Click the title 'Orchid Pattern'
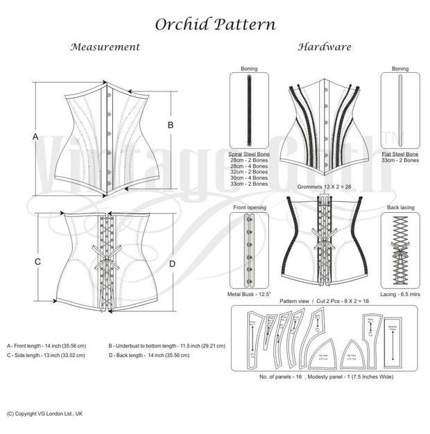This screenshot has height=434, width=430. (x=215, y=24)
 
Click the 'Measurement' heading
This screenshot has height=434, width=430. (x=106, y=47)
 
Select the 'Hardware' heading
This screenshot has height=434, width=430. (x=324, y=47)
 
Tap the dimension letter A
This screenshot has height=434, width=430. (x=35, y=137)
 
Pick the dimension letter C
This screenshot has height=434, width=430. (x=38, y=261)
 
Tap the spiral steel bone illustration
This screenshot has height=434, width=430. (x=248, y=111)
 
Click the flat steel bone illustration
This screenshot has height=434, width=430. (x=400, y=111)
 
